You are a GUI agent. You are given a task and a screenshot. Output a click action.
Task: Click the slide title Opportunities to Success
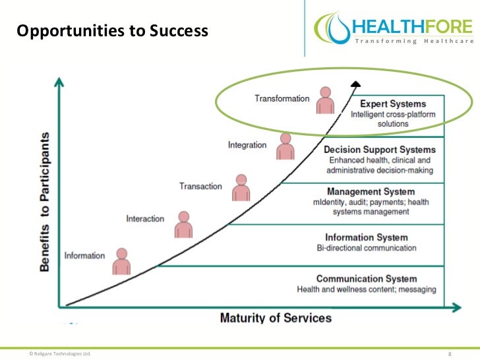click(111, 31)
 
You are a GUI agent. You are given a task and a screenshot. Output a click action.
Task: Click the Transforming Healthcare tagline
click(415, 42)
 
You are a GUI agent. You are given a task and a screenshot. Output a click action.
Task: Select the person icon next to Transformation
click(324, 100)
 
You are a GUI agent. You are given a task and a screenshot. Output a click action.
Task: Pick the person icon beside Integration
click(285, 146)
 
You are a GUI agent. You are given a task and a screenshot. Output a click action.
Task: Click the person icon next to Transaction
click(241, 188)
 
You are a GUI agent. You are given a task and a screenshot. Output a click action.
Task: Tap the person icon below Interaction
click(184, 225)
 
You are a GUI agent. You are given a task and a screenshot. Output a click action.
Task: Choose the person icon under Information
click(121, 262)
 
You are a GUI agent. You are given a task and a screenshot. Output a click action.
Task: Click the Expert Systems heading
click(392, 104)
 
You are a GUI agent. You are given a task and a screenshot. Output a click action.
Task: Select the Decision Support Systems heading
click(379, 150)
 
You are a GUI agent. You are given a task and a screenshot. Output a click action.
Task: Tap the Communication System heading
click(367, 279)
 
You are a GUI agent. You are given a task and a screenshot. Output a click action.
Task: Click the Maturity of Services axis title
click(276, 318)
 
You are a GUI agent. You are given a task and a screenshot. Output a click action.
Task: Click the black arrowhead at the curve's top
click(355, 83)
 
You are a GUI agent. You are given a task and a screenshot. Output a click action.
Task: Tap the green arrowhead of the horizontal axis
click(456, 307)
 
